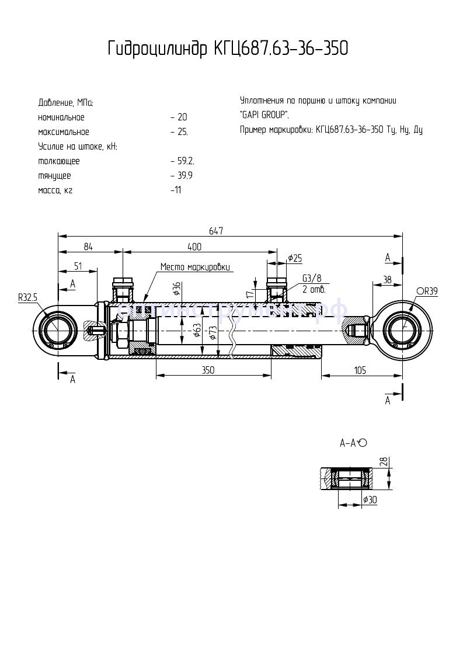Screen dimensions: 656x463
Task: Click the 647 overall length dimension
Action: click(217, 231)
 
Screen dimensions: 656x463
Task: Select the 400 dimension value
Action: click(194, 247)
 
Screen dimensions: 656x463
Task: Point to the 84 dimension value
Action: click(88, 247)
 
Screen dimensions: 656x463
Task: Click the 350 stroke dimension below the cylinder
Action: click(208, 370)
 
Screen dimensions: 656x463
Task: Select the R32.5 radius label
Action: click(27, 297)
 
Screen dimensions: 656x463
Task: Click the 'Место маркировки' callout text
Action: click(196, 267)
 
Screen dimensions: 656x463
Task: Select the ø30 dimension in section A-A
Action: click(369, 500)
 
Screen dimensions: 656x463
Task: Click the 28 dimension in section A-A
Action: click(383, 463)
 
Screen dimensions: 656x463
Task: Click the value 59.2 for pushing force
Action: click(182, 161)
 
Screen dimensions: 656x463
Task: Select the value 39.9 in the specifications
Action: click(182, 175)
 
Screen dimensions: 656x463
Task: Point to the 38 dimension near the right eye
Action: click(387, 280)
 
